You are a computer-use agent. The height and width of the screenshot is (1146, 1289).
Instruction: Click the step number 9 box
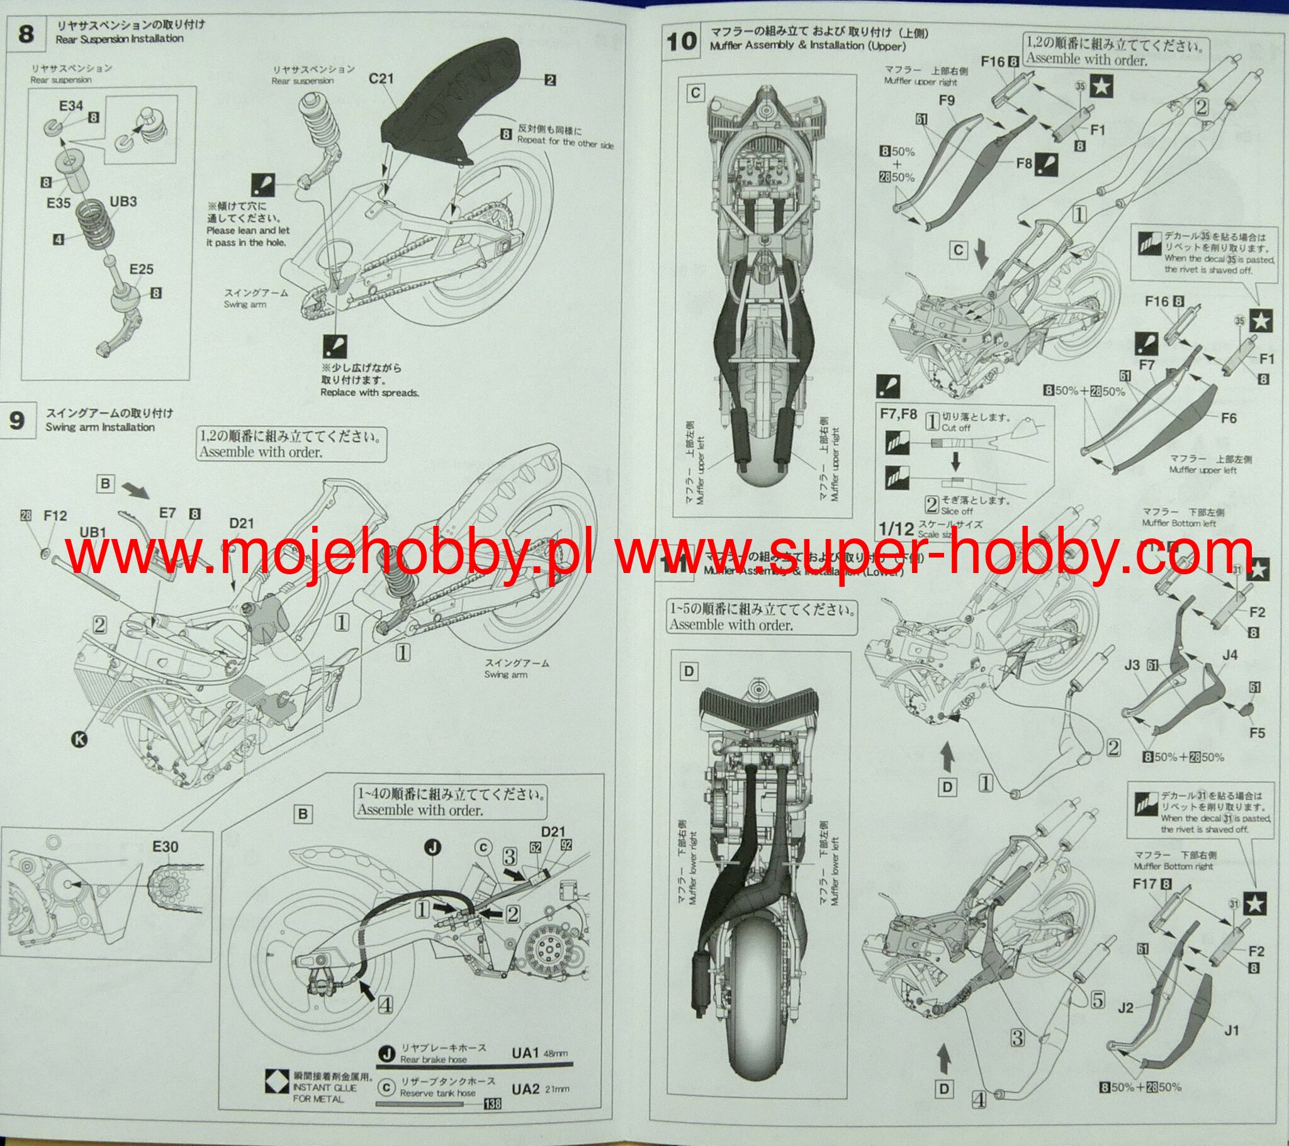tap(18, 420)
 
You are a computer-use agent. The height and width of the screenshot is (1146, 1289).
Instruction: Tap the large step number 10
tap(681, 42)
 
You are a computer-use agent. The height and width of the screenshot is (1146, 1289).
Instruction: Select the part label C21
tap(381, 79)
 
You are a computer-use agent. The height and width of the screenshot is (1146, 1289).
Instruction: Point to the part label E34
tap(70, 106)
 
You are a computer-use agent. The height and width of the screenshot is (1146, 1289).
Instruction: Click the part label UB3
tap(123, 202)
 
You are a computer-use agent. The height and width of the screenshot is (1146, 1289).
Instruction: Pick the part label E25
tap(141, 269)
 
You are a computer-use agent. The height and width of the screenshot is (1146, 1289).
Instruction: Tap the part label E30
tap(166, 847)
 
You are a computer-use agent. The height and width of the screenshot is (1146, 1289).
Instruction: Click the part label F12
tap(55, 516)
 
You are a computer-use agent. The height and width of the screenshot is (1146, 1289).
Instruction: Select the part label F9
tap(947, 100)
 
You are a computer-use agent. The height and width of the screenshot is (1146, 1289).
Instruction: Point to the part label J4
tap(1230, 655)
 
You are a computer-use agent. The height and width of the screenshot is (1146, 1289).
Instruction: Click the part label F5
tap(1257, 733)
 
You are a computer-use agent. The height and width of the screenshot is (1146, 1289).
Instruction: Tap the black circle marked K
tap(79, 740)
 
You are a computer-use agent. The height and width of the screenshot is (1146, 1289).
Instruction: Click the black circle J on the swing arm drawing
tap(432, 848)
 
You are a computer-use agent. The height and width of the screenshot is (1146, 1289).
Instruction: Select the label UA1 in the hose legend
tap(526, 1053)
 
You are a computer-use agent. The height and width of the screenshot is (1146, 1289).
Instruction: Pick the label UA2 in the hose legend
tap(526, 1089)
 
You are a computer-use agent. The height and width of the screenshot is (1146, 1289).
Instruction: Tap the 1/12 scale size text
tap(896, 528)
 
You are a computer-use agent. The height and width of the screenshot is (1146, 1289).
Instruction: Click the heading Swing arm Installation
tap(99, 427)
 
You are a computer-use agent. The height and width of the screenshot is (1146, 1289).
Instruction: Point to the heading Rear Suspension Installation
tap(119, 38)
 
